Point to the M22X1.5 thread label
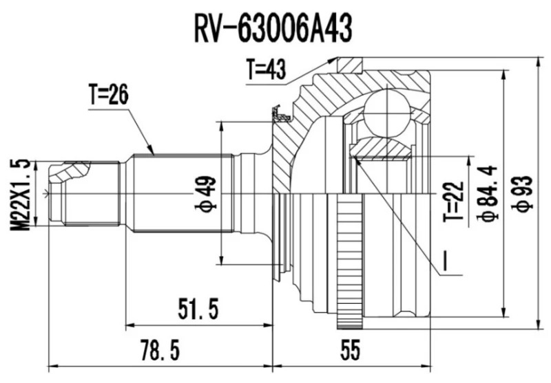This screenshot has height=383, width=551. pyautogui.click(x=22, y=195)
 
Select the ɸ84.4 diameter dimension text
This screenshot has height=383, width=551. pyautogui.click(x=486, y=195)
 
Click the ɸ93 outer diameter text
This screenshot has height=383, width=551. pyautogui.click(x=525, y=195)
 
